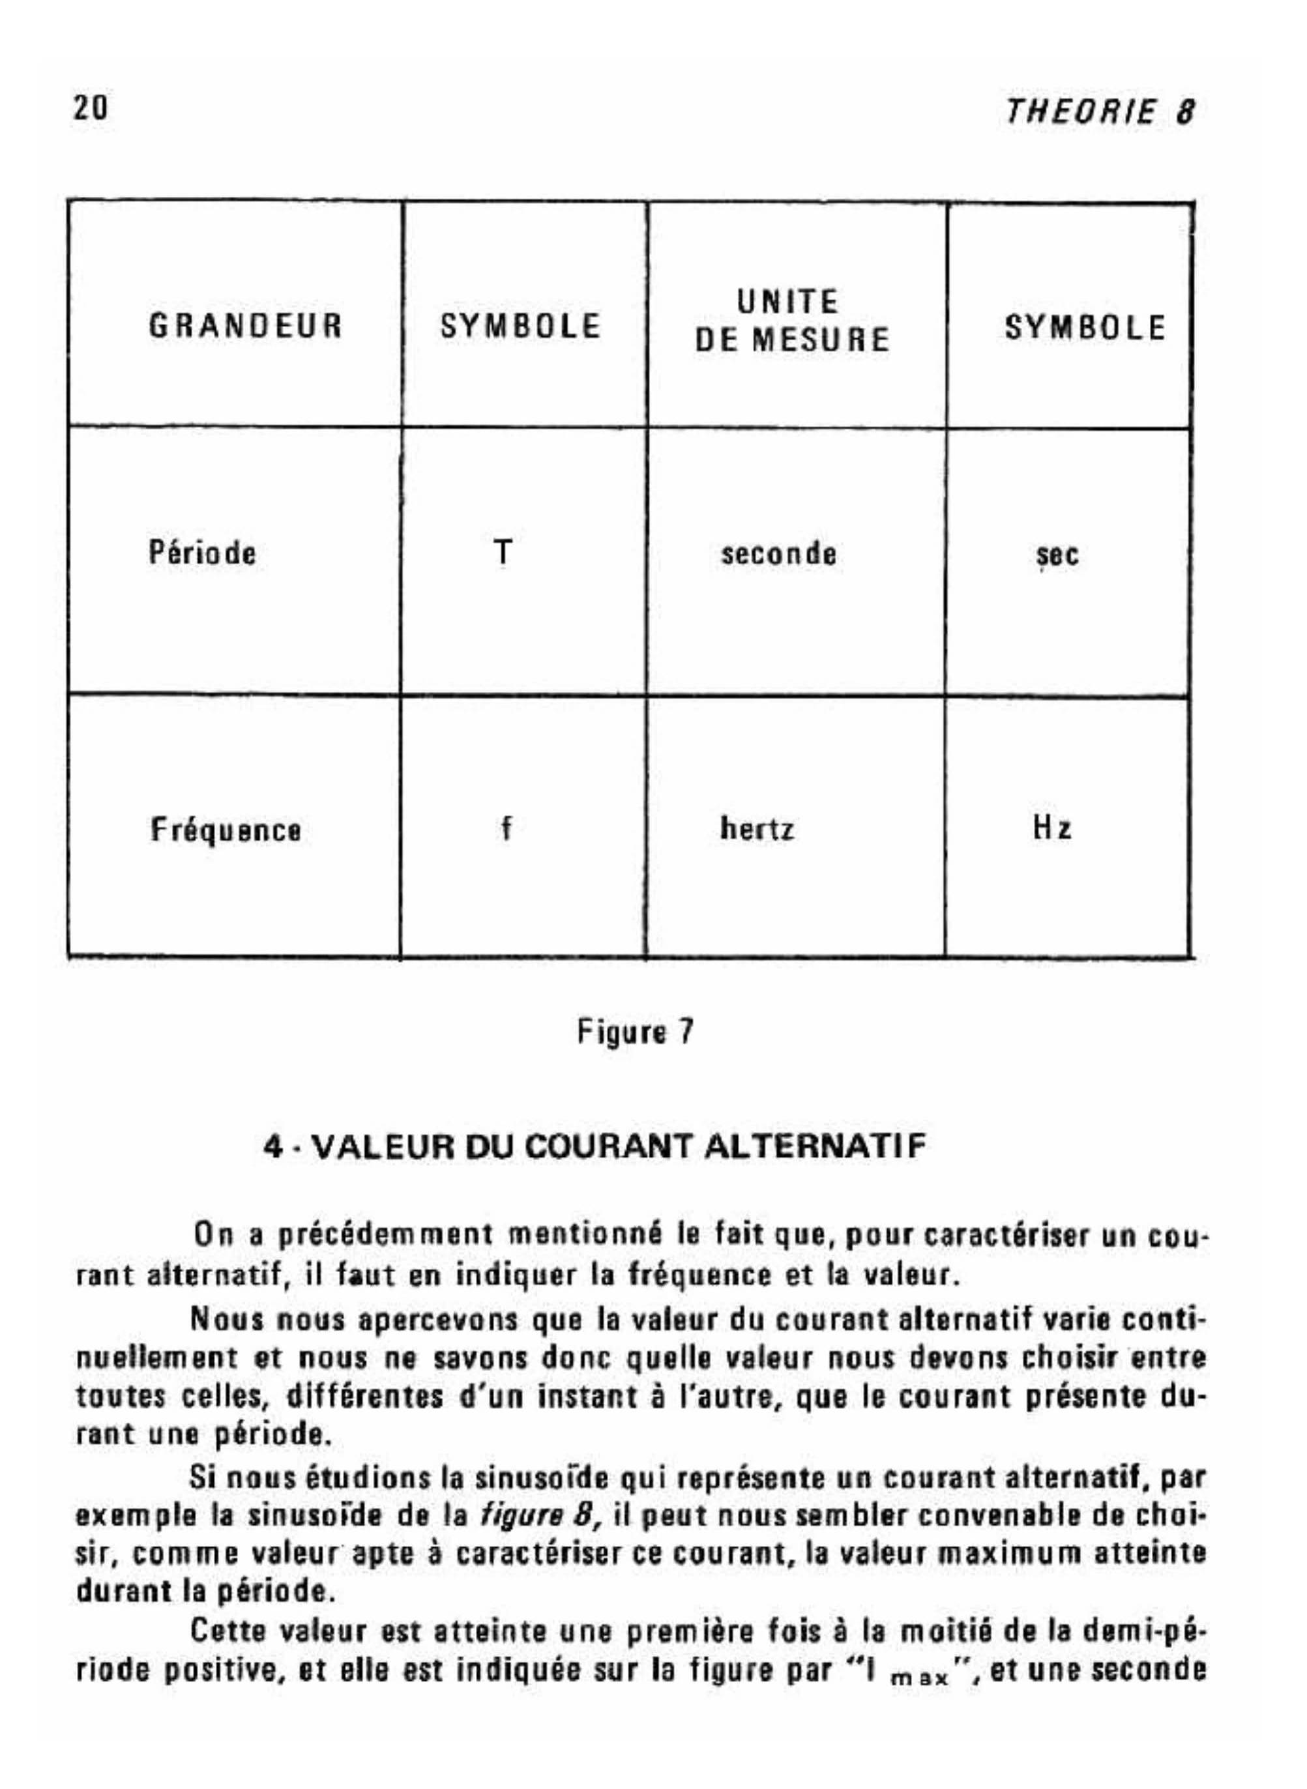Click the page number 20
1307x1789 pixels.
coord(90,108)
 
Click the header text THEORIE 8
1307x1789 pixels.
coord(1099,112)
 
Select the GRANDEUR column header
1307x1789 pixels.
coord(245,327)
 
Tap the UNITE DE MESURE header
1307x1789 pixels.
coord(791,321)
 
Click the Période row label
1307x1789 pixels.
coord(203,553)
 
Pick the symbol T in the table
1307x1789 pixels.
coord(503,552)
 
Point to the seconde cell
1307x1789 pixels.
coord(778,553)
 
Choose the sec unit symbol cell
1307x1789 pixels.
coord(1058,555)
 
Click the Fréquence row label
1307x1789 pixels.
coord(226,830)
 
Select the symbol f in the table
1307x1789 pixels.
coord(507,828)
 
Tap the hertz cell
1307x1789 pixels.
coord(756,829)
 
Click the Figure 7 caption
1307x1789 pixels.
coord(636,1032)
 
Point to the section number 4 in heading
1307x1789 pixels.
coord(273,1147)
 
